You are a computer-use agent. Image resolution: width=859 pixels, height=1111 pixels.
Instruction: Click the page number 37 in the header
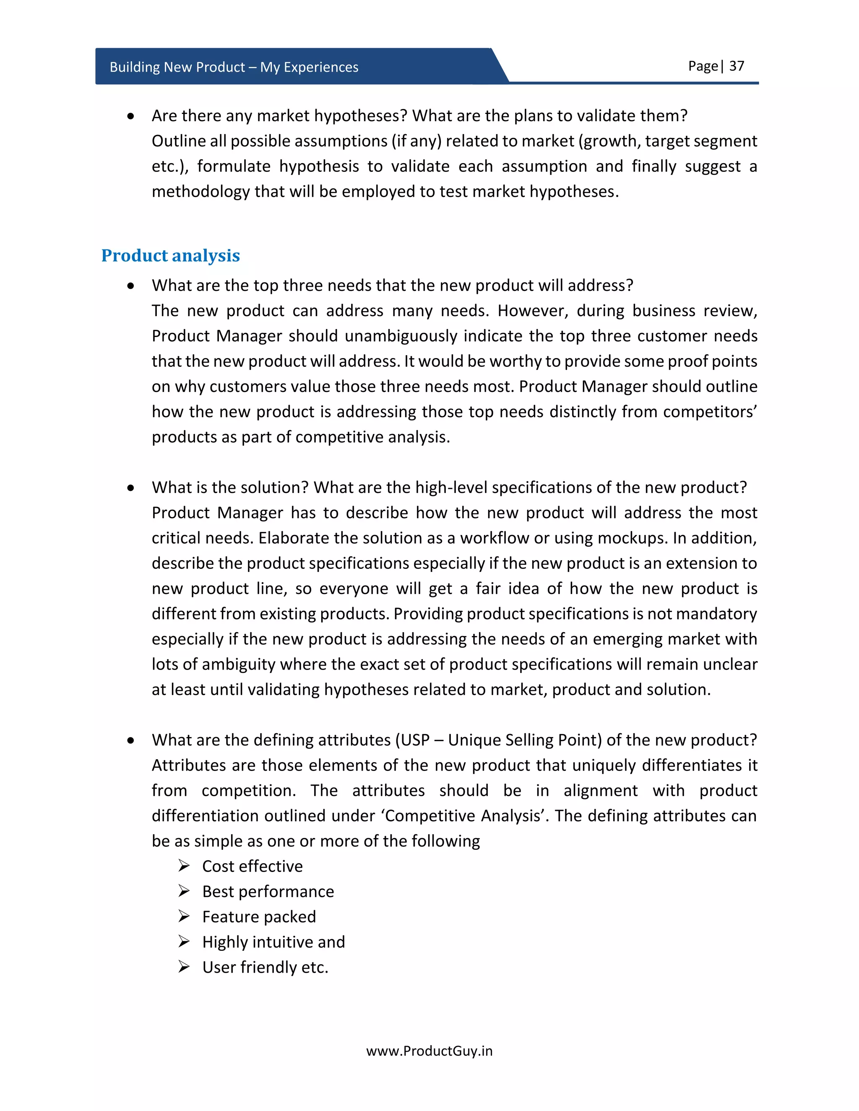point(737,66)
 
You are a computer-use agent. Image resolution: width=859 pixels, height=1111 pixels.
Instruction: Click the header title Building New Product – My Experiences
point(234,67)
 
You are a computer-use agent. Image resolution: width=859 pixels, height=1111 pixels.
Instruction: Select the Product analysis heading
point(170,255)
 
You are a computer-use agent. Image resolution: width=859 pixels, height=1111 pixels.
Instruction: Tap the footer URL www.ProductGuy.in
point(429,1051)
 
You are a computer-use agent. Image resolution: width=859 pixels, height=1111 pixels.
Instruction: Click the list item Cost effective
point(252,866)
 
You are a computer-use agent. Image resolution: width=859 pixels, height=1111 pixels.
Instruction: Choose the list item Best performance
point(268,892)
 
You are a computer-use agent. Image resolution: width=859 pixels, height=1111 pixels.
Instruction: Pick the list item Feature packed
point(259,916)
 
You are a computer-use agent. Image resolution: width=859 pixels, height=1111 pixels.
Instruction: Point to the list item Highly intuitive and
point(273,942)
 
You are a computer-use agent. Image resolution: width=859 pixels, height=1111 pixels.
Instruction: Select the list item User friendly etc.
point(265,967)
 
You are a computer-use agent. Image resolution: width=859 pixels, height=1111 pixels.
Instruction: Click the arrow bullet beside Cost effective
point(184,866)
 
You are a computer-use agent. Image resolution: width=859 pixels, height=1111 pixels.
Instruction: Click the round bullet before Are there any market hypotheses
point(131,117)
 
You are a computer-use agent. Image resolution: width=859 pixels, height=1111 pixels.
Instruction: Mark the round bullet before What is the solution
point(131,488)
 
